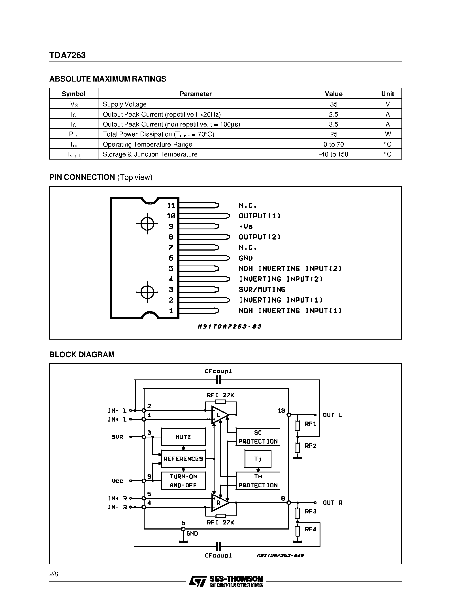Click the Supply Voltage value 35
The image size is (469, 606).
coord(333,104)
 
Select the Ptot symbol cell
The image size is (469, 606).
coord(74,134)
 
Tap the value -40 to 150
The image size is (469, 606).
coord(333,154)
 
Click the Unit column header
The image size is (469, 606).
coord(387,94)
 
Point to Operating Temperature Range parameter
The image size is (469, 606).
coord(147,144)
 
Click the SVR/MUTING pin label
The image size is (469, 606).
coord(262,290)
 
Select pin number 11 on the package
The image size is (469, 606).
coord(171,205)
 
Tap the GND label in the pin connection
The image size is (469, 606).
coord(246,258)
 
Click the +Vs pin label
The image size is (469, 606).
coord(246,226)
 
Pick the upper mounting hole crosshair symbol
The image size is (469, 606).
coord(147,224)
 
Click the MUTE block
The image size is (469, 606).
coord(183,437)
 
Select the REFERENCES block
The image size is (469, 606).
coord(183,459)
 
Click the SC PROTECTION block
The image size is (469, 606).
coord(258,437)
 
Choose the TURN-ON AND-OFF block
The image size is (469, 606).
coord(183,481)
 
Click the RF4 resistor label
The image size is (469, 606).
coord(310,529)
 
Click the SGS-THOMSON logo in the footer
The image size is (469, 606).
coord(226,581)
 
